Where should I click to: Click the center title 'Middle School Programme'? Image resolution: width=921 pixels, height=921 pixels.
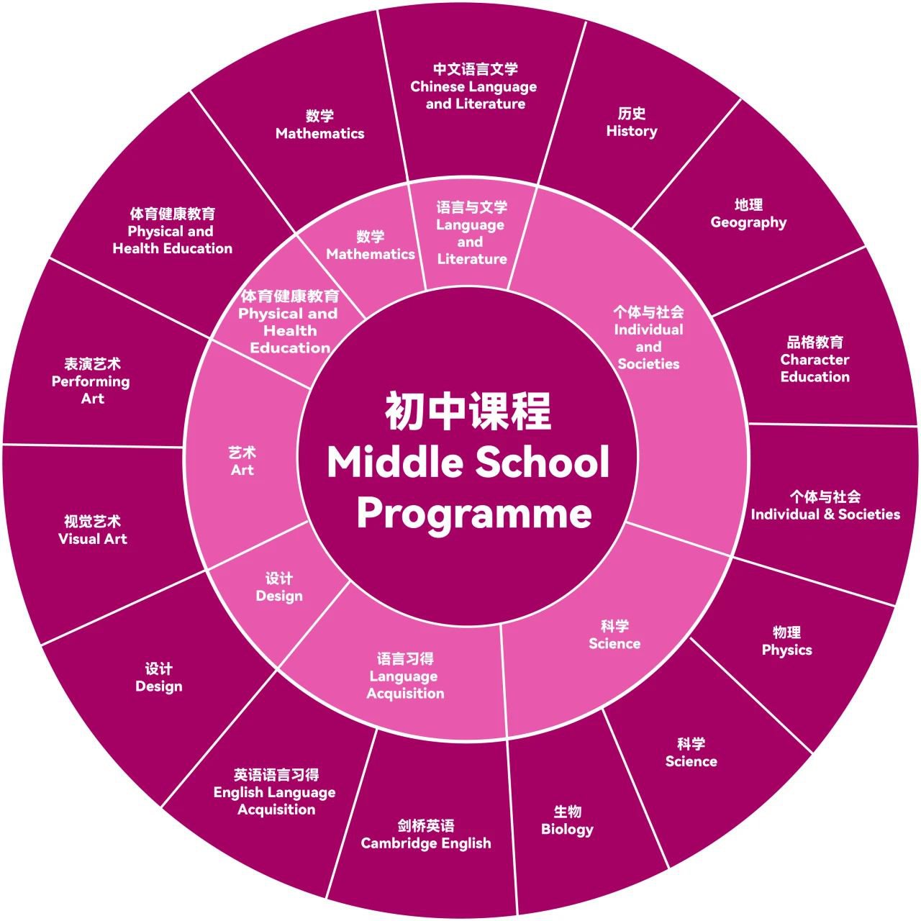click(468, 487)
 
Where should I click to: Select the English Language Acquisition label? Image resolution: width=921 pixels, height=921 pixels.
click(275, 792)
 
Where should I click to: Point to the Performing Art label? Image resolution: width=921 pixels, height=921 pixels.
click(91, 381)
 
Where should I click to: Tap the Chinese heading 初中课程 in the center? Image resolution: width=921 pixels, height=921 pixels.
click(468, 412)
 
